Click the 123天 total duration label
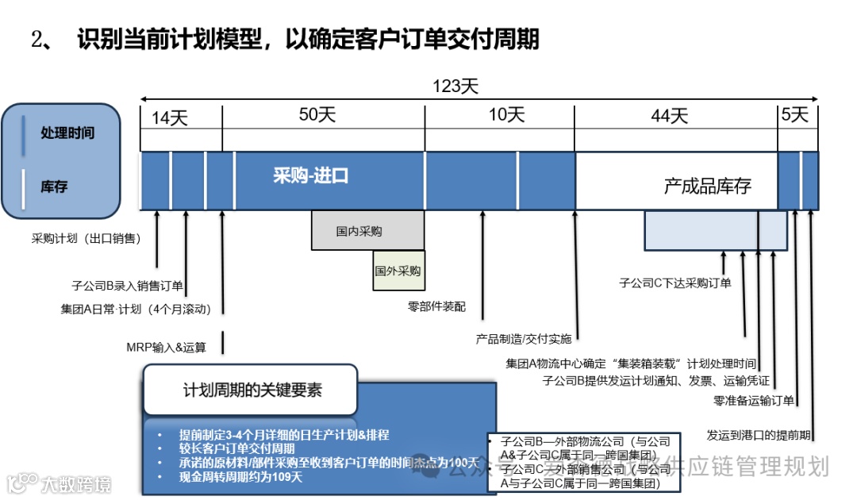tap(455, 87)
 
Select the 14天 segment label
tap(170, 118)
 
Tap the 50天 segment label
tap(317, 115)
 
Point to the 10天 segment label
tap(506, 115)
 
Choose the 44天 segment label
tap(669, 116)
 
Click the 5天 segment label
tap(794, 115)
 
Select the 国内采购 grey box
tap(359, 232)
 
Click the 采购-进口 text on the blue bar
tap(311, 176)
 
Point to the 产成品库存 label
tap(707, 187)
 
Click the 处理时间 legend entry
tap(67, 133)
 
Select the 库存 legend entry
tap(54, 187)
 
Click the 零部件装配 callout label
tap(436, 306)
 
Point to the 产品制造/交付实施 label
tap(523, 339)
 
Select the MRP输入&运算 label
tap(166, 347)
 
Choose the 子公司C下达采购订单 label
tap(675, 283)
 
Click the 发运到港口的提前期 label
tap(759, 435)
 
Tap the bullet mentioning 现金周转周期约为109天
tap(241, 477)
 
